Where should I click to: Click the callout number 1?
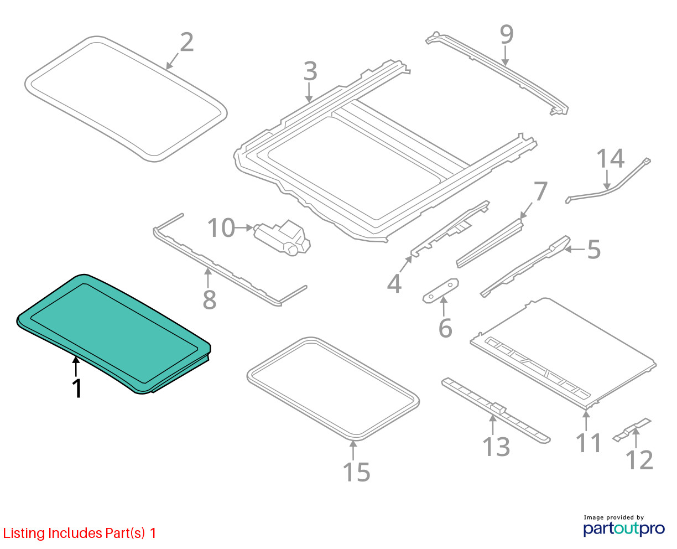coord(77,388)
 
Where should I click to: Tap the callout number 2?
coord(187,42)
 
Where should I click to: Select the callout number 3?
coord(310,71)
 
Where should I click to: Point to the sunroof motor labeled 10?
coord(282,237)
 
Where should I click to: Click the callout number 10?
coord(221,228)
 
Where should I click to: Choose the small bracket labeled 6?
coord(440,291)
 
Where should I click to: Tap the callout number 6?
coord(445,328)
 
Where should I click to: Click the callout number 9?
coord(507,34)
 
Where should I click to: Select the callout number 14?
coord(611,158)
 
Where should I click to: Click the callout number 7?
coord(540,191)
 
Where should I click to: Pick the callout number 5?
coord(593,250)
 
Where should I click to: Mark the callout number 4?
coord(394,284)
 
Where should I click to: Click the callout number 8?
coord(210,299)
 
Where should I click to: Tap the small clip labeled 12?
coord(632,430)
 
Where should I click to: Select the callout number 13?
coord(496,447)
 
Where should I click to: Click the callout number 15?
coord(357,472)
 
